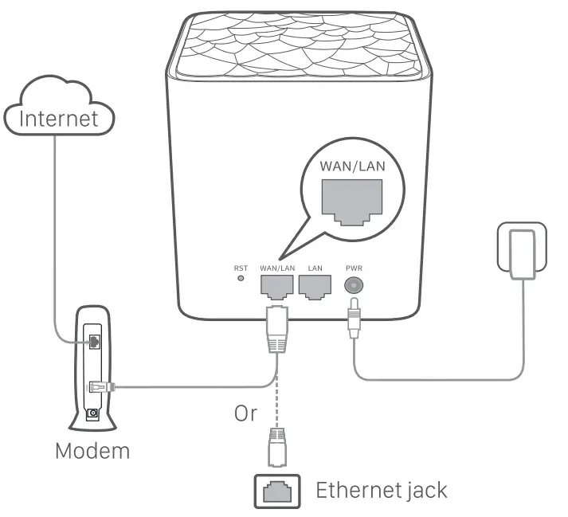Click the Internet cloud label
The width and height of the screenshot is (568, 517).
[59, 119]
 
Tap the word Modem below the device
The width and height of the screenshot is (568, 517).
[92, 450]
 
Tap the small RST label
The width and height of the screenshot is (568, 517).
[240, 269]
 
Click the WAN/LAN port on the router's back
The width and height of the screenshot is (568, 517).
[276, 288]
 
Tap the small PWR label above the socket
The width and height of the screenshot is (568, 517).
[351, 269]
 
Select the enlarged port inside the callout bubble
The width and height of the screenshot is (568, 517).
[351, 198]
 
